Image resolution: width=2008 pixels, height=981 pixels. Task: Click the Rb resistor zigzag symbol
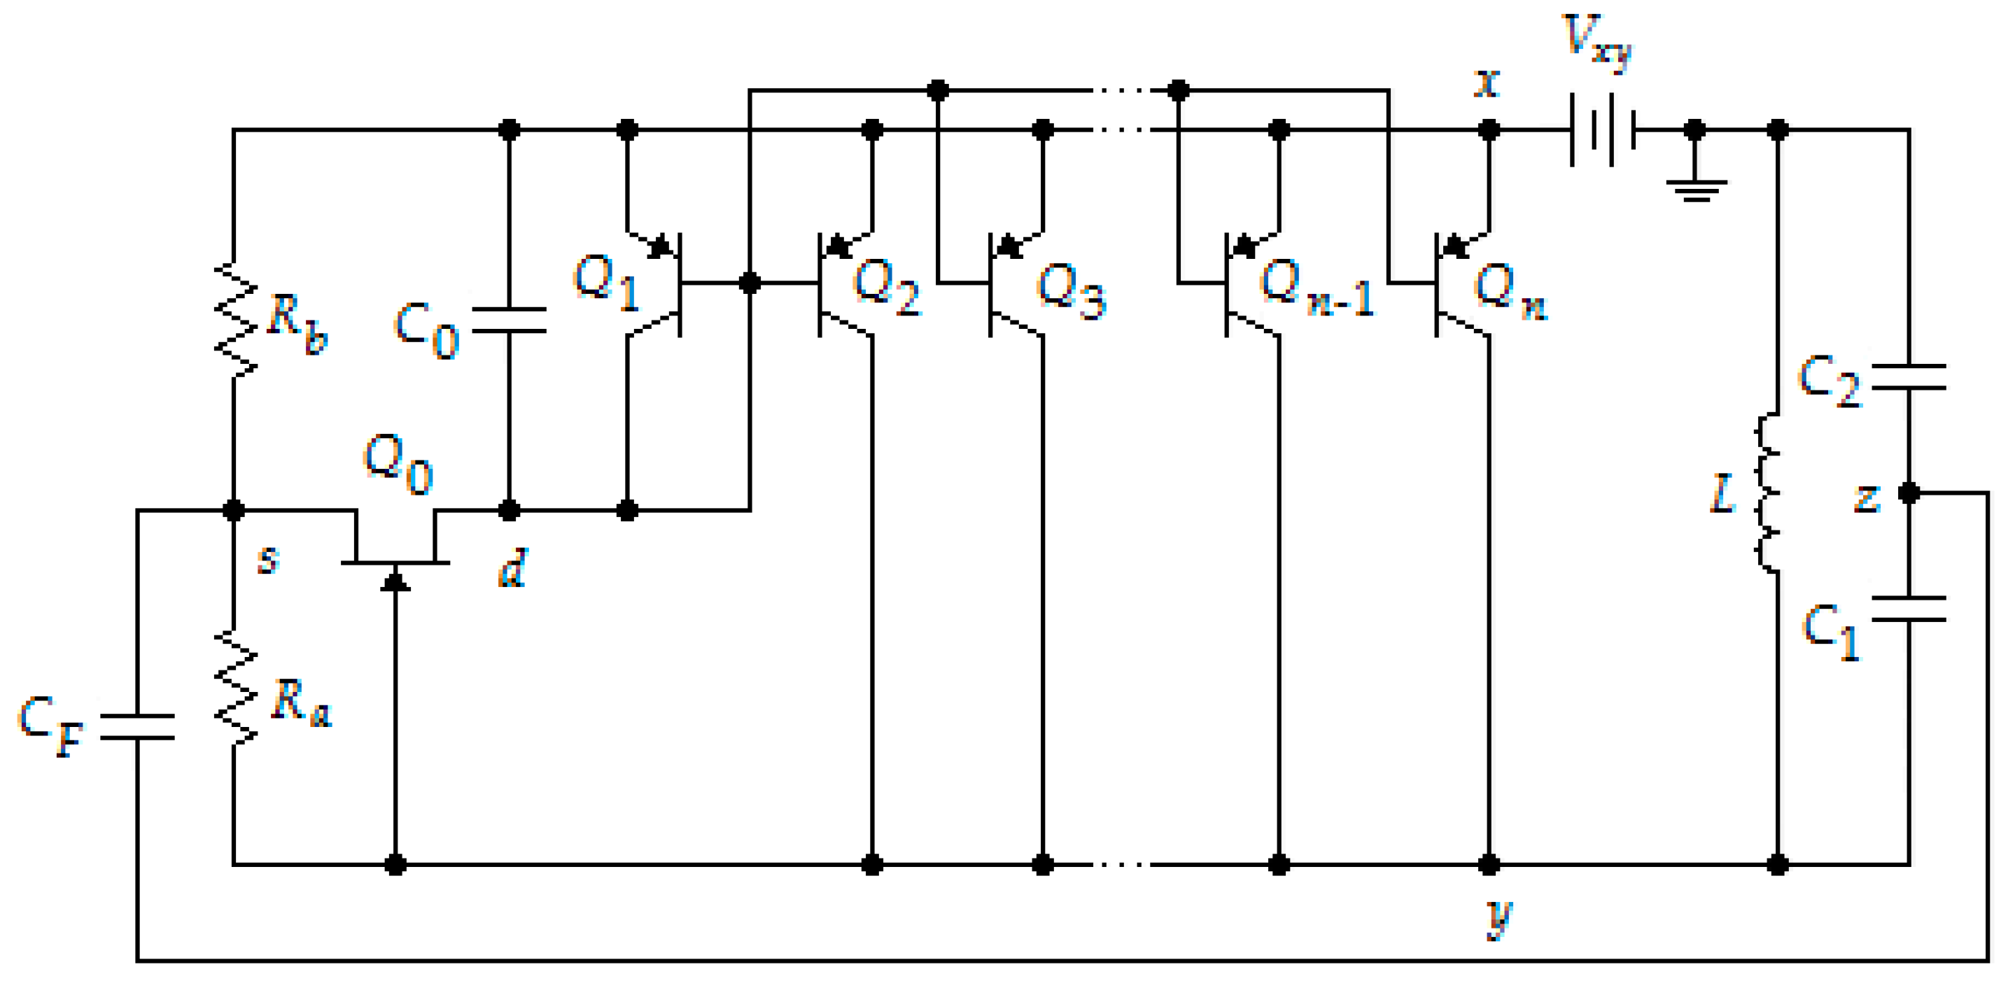coord(234,320)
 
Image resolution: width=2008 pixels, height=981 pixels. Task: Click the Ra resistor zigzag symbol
coord(234,687)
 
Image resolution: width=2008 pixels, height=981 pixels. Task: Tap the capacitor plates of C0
coord(509,320)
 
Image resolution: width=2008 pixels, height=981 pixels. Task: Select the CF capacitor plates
coord(137,726)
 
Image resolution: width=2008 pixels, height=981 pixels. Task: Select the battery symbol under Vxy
coord(1602,129)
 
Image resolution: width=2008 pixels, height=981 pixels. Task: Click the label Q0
coord(398,465)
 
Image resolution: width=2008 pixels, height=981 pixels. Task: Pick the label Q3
coord(1072,290)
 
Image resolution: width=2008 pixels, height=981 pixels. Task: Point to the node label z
coord(1867,498)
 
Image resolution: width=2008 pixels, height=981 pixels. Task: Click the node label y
coord(1498,918)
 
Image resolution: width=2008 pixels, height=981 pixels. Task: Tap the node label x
coord(1487,82)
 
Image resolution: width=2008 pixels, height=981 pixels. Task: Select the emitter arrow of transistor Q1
coord(660,247)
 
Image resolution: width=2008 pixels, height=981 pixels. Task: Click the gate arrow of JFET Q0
coord(395,581)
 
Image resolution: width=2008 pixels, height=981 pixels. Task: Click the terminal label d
coord(513,567)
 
